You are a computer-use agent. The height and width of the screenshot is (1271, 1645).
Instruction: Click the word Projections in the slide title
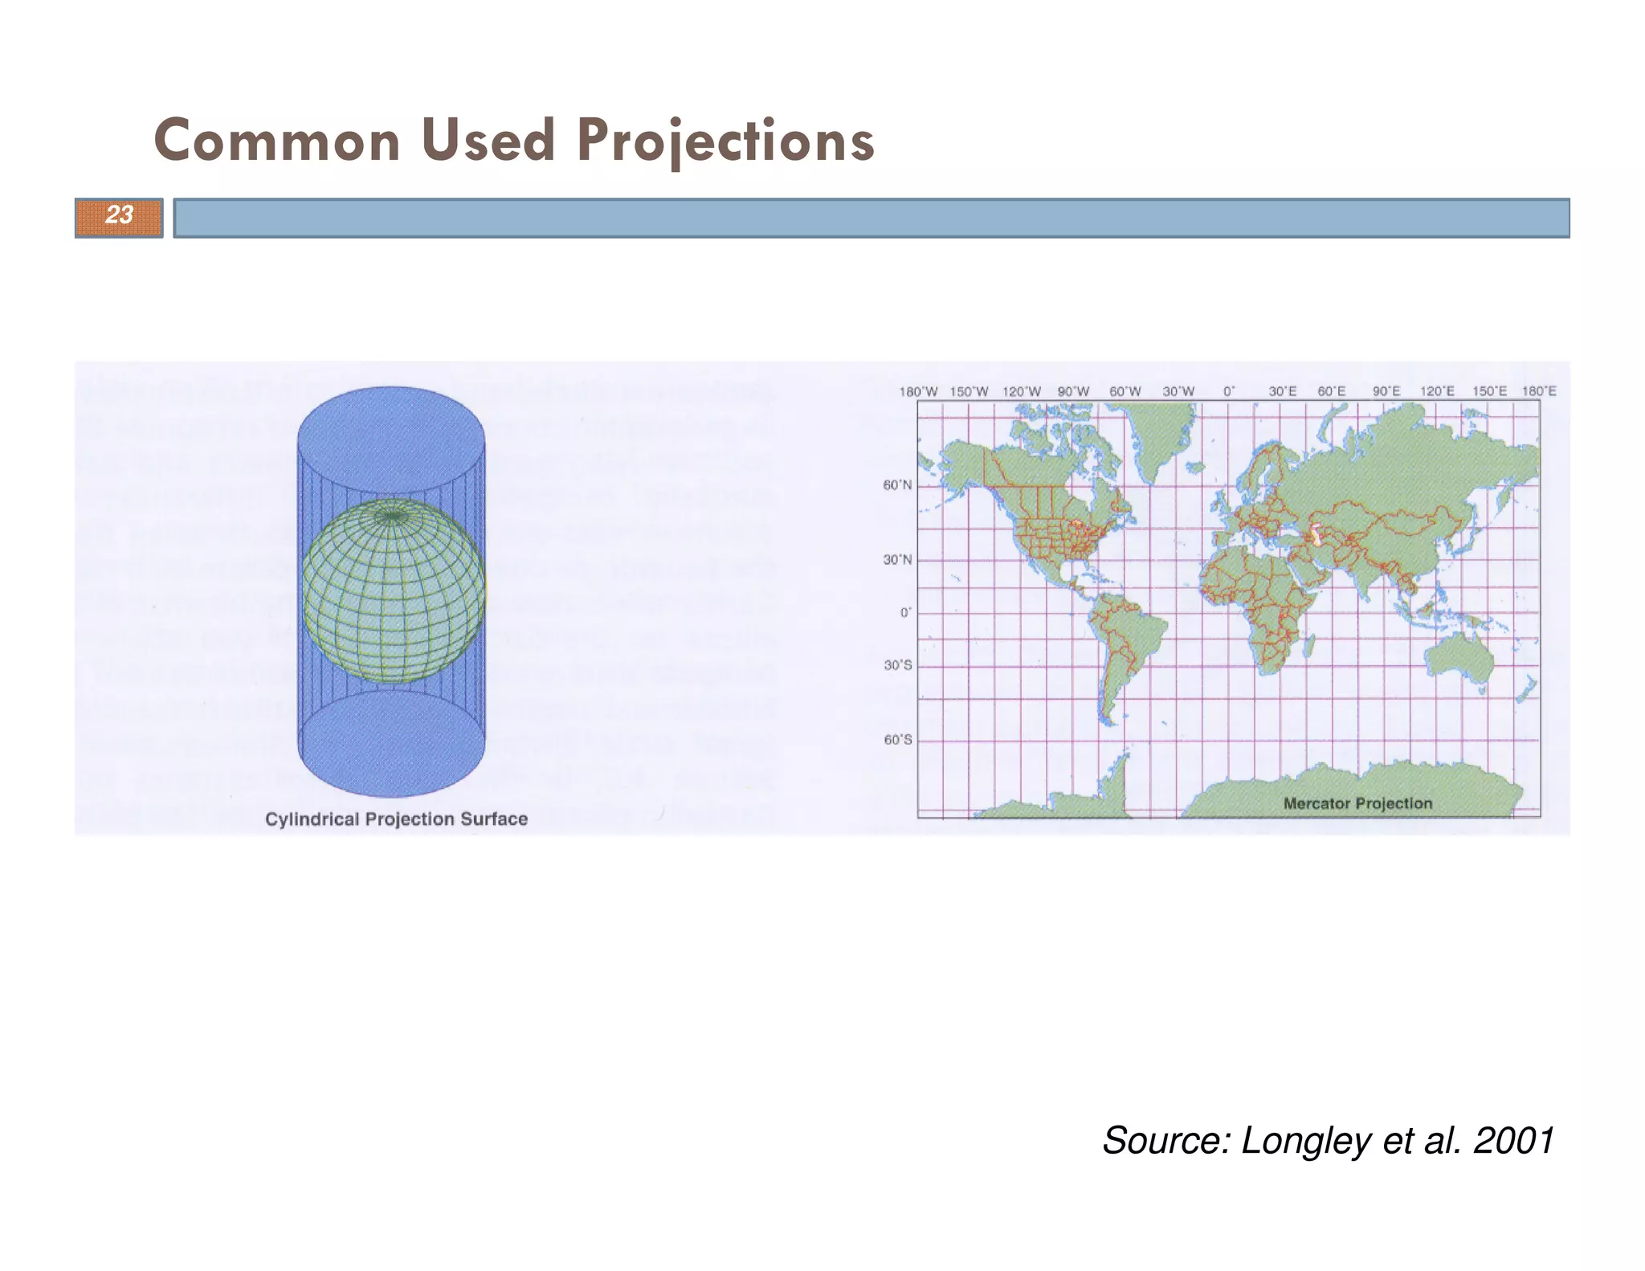click(725, 141)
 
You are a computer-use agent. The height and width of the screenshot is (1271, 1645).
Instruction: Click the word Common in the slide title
click(277, 141)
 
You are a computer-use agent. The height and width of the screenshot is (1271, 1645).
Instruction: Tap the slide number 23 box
click(119, 217)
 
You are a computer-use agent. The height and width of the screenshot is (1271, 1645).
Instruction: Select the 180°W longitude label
click(918, 392)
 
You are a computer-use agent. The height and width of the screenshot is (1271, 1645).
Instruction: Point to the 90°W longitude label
click(1073, 392)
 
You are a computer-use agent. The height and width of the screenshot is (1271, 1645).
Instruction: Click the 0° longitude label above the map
click(1229, 392)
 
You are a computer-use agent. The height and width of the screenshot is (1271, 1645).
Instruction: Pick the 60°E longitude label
click(1331, 392)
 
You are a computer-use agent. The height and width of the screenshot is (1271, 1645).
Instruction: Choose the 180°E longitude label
click(1539, 392)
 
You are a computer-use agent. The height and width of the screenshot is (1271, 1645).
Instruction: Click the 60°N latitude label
click(897, 485)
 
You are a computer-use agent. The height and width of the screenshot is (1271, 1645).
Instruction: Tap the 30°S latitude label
click(897, 666)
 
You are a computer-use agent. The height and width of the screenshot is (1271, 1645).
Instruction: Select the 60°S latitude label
click(897, 740)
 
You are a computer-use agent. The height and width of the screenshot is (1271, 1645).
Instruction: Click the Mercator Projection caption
click(1357, 803)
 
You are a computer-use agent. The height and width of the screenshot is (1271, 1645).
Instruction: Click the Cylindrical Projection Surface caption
click(396, 819)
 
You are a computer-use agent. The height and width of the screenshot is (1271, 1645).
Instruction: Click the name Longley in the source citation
click(1305, 1141)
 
